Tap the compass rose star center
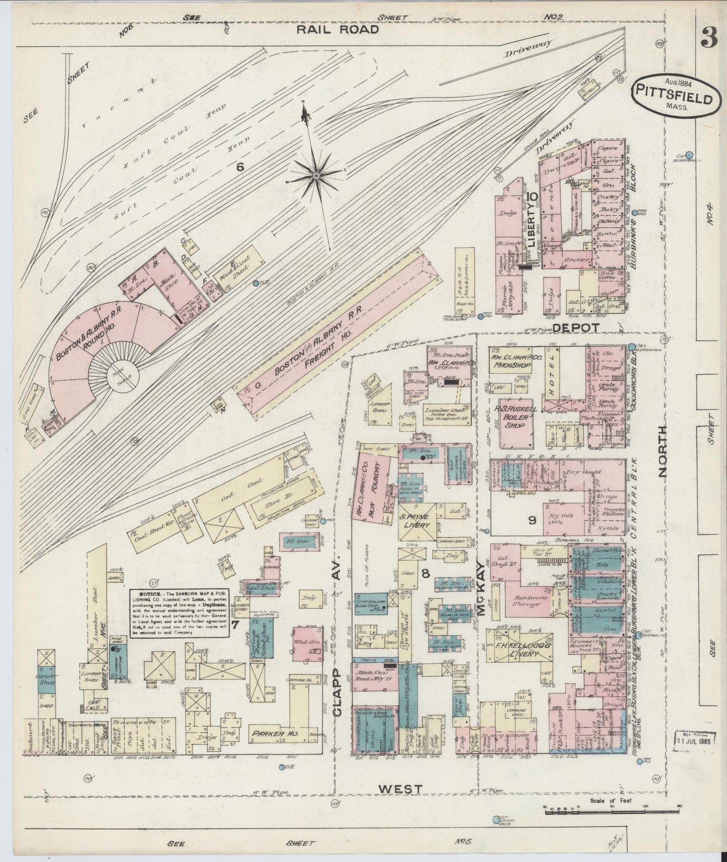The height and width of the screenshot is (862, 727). point(315,175)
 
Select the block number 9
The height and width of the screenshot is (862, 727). point(532,521)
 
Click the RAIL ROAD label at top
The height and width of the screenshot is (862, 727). point(337,30)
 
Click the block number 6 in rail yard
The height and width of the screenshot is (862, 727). point(239,167)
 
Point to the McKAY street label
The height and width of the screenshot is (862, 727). point(481,584)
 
